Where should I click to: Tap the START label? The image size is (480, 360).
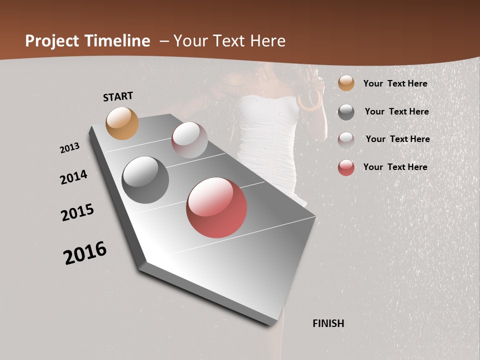click(118, 96)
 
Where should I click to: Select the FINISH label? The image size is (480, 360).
click(328, 323)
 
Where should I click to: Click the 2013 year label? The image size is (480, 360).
click(70, 148)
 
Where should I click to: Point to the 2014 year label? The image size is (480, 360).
click(74, 177)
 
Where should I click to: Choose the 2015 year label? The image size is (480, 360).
click(77, 212)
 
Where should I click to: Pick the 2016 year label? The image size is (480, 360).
click(85, 252)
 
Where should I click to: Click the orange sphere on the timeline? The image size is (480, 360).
click(122, 123)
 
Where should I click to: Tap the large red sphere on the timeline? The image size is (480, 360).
click(216, 207)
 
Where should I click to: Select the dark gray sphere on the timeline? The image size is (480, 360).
click(145, 180)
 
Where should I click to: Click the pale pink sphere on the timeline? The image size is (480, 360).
click(189, 140)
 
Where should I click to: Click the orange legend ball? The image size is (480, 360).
click(346, 83)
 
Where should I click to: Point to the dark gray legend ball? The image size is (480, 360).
click(346, 112)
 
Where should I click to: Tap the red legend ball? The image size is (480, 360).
click(346, 167)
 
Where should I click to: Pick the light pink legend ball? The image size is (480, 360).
click(346, 139)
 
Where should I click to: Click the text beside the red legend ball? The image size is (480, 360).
click(395, 167)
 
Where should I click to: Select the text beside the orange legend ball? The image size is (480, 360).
click(395, 83)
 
